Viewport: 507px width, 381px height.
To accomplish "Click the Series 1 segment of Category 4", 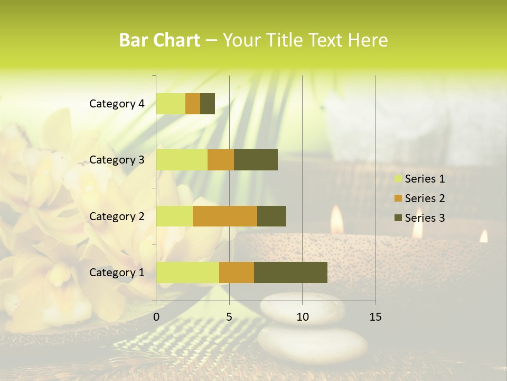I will (x=171, y=104).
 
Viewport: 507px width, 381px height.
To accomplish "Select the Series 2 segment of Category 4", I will (x=193, y=104).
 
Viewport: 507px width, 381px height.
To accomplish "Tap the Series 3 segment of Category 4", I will (x=208, y=104).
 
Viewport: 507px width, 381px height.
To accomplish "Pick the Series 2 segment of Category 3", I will (x=221, y=160).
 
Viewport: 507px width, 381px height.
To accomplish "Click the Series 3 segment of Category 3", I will (x=256, y=160).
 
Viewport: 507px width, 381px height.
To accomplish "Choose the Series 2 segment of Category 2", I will (x=225, y=216).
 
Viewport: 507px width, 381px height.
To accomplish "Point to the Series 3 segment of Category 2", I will (x=271, y=216).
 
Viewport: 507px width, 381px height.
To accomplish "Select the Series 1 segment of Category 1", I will (x=187, y=273).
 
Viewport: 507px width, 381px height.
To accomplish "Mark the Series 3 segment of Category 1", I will (x=290, y=273).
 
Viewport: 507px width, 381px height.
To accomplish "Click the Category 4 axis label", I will (x=117, y=104).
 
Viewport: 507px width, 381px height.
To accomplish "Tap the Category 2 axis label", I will (x=117, y=216).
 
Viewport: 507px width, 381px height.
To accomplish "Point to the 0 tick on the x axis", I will (x=156, y=317).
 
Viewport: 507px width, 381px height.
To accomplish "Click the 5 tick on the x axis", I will (x=229, y=317).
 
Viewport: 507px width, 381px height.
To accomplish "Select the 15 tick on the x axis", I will (x=375, y=317).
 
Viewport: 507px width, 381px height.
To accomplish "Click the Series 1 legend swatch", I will (x=398, y=179).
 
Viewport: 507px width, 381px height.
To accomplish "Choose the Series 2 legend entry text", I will (x=425, y=198).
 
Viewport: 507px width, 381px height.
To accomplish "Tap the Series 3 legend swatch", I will (x=398, y=218).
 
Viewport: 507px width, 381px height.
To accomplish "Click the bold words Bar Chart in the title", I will (x=159, y=40).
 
